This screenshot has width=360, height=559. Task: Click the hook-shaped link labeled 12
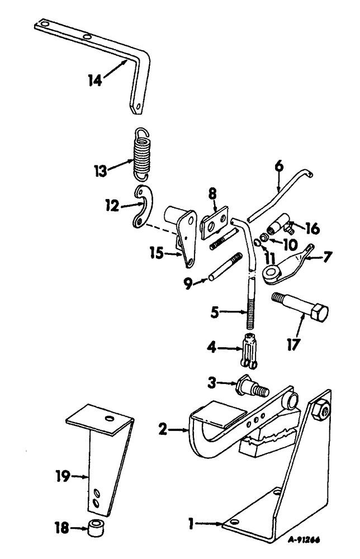pos(144,209)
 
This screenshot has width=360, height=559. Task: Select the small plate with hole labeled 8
pos(215,220)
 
